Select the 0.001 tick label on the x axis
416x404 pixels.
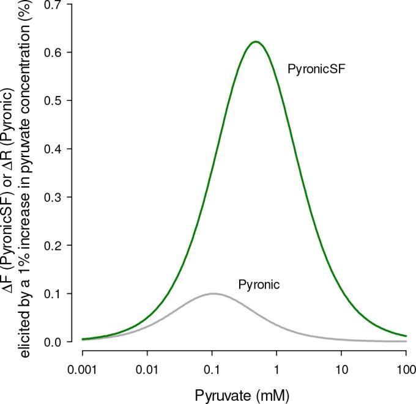pos(82,371)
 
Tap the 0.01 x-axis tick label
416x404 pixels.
pos(147,371)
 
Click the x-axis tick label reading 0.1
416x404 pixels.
pos(212,371)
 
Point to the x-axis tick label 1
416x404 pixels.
pos(277,371)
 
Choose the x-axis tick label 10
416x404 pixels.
pos(341,371)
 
